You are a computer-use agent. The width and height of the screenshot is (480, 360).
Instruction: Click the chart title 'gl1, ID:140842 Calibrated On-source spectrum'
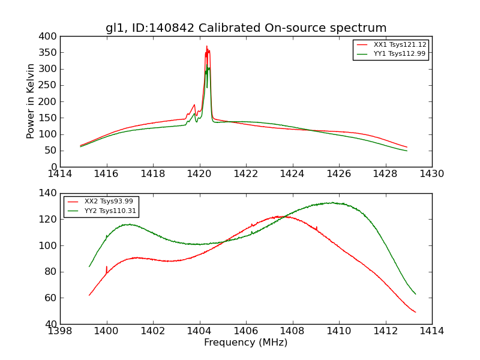tap(246, 28)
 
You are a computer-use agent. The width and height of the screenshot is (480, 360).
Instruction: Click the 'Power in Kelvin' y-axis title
tap(31, 101)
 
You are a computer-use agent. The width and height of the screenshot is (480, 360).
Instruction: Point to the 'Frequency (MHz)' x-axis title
tap(246, 343)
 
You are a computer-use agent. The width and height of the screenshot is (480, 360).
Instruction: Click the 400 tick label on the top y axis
tap(49, 37)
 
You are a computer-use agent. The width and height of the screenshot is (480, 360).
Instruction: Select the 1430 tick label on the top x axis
tap(431, 174)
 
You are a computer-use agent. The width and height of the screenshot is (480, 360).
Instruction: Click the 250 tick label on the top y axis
tap(49, 85)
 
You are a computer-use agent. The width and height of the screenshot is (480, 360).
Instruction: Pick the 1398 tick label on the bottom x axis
tap(61, 331)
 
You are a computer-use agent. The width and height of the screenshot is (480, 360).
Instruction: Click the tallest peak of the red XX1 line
tap(207, 46)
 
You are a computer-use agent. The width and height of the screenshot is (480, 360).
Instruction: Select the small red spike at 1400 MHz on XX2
tap(107, 267)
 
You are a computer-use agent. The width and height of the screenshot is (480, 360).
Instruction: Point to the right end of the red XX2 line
tap(415, 312)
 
